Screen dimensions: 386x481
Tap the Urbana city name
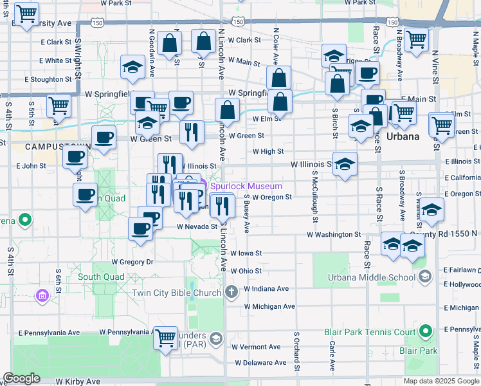click(403, 137)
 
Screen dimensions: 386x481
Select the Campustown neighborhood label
click(49, 147)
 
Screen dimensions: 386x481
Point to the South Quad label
click(101, 277)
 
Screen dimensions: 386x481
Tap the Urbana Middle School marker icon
click(424, 277)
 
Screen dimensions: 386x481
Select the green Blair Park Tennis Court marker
click(424, 332)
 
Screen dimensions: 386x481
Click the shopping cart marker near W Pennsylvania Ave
click(165, 337)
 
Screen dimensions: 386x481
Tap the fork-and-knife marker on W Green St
click(191, 132)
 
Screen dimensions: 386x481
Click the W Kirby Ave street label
click(78, 381)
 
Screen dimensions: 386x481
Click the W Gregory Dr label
click(132, 262)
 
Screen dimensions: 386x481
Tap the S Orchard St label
click(296, 352)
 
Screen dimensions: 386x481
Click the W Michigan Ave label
click(269, 307)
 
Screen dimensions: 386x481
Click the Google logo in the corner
click(22, 378)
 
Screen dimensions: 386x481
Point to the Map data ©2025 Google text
click(440, 381)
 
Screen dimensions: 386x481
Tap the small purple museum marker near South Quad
click(42, 295)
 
